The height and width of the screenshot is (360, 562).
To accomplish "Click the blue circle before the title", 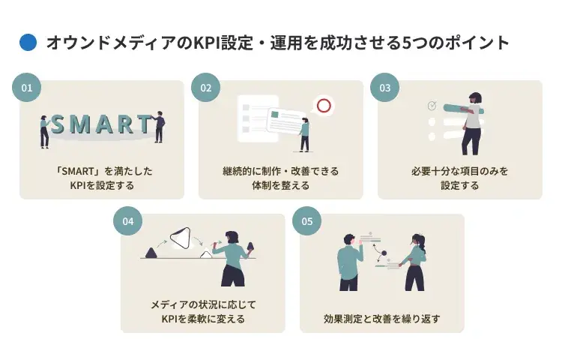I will tap(28, 43).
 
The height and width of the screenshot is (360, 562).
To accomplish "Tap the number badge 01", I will tap(27, 88).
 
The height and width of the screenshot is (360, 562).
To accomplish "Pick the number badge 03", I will tap(384, 88).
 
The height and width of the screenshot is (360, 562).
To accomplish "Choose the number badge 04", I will tap(127, 221).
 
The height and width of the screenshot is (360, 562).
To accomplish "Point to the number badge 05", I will tap(306, 221).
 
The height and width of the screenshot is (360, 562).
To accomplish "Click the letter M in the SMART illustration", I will tap(79, 124).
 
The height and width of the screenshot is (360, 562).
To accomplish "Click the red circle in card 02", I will tap(324, 106).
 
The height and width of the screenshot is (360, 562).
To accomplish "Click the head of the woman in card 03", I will tap(474, 98).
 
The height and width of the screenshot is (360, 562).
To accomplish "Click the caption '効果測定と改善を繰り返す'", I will tap(381, 319).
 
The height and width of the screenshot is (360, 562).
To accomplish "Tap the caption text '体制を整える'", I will tap(280, 185).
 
